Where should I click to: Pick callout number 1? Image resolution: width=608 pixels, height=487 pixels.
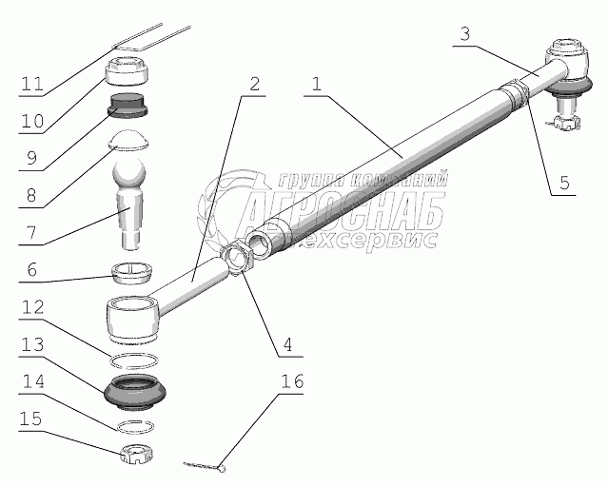pos(316,84)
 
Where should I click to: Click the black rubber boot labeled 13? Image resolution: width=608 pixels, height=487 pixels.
pos(138,392)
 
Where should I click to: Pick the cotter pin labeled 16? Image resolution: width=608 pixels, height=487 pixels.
pos(205,465)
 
